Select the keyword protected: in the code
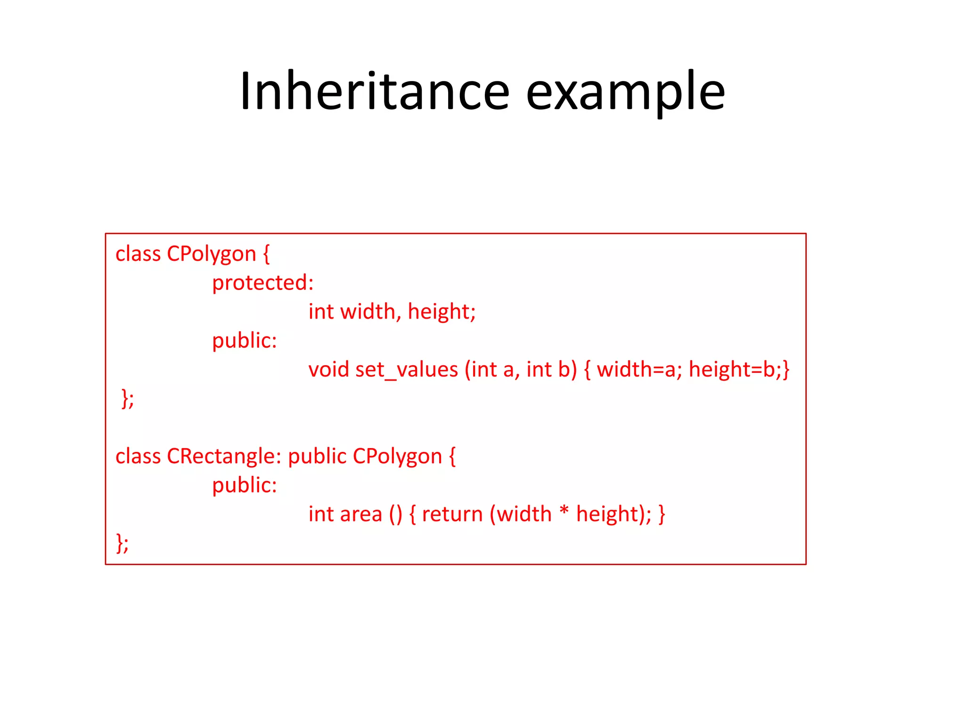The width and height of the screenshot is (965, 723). [262, 283]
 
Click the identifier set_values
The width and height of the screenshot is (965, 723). [407, 370]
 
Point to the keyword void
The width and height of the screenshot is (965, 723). [328, 370]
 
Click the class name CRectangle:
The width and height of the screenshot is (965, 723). [224, 457]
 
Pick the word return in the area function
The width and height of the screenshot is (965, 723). [452, 514]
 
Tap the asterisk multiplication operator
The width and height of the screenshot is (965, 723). [564, 511]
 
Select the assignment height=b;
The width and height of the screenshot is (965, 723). [736, 370]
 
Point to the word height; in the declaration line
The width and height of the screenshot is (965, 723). [442, 312]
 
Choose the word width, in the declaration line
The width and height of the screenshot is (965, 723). [370, 312]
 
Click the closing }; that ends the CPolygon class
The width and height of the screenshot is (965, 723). [128, 399]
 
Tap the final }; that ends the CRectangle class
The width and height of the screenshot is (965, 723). [122, 543]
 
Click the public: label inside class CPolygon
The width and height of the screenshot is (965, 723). [244, 341]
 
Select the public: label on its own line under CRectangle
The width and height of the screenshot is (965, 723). [244, 485]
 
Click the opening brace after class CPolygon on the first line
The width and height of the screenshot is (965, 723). [266, 254]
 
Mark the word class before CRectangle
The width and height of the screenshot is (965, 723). [138, 457]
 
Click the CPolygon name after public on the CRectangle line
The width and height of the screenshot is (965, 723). [397, 457]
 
